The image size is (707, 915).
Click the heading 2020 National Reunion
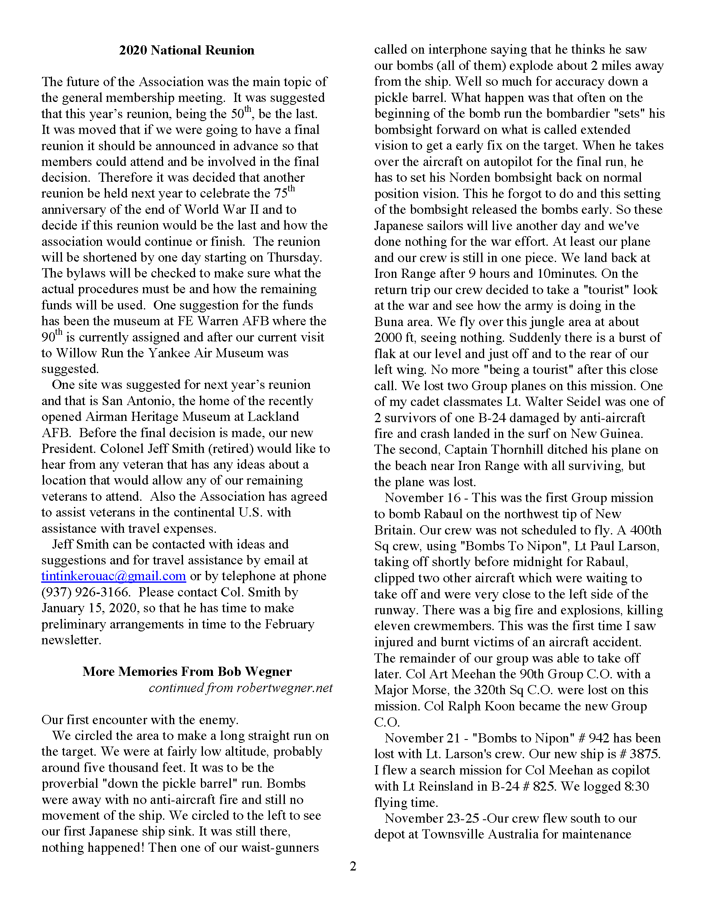click(186, 50)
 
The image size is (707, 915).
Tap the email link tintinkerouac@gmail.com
click(114, 576)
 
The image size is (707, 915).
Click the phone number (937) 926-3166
click(85, 592)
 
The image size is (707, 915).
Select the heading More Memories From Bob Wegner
click(187, 672)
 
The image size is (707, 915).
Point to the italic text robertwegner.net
click(284, 688)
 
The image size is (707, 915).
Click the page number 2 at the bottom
click(353, 866)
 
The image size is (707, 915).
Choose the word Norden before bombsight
click(469, 178)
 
